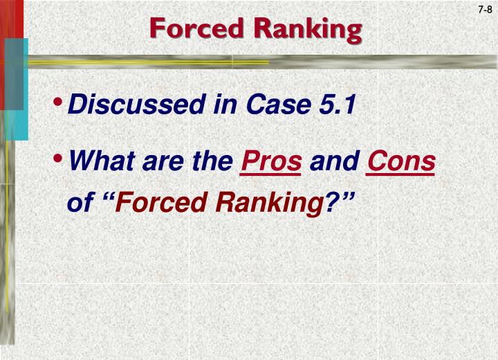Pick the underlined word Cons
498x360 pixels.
400,162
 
